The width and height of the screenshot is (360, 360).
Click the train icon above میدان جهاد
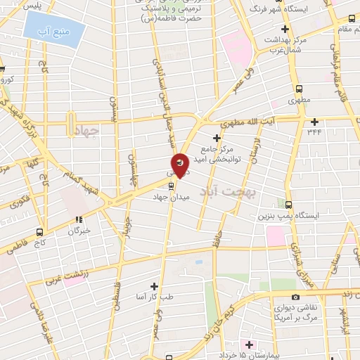[x=172, y=186]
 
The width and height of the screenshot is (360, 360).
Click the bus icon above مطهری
[x=300, y=89]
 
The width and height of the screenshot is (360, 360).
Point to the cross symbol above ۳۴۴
[x=314, y=120]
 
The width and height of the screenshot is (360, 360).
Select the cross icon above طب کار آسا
[x=154, y=286]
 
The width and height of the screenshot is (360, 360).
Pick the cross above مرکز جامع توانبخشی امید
[x=217, y=138]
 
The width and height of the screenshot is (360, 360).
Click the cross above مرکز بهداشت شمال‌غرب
[x=285, y=30]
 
